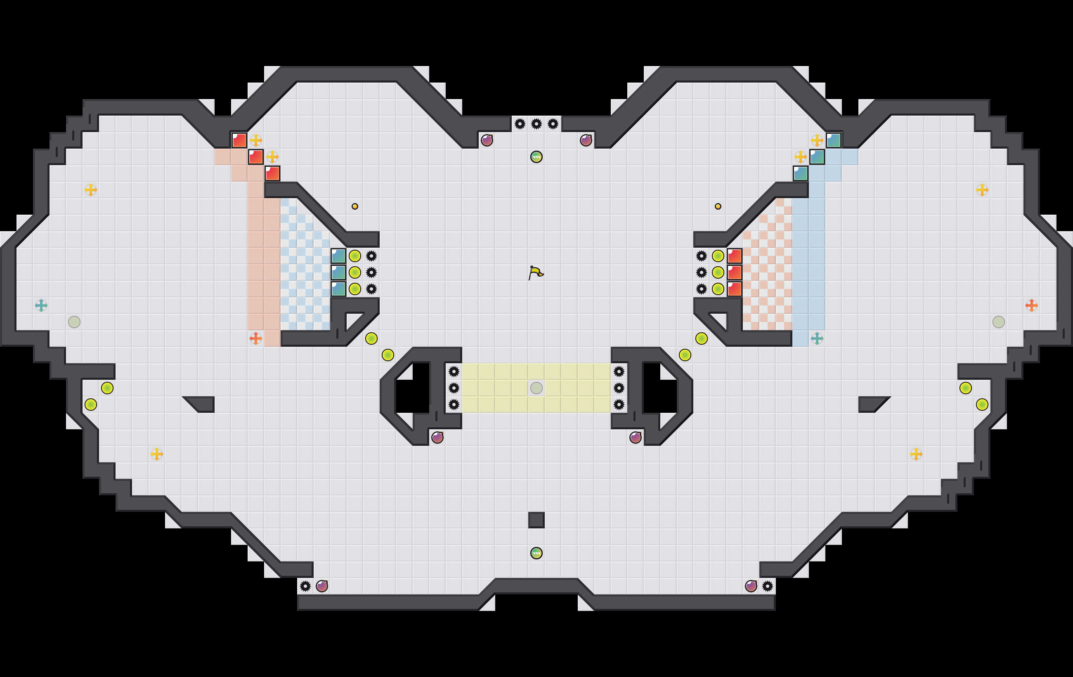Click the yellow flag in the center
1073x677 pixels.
[535, 272]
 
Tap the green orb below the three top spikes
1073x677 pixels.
[536, 157]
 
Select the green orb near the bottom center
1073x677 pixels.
[536, 553]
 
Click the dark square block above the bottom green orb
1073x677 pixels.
[536, 520]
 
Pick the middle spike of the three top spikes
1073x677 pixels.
[536, 124]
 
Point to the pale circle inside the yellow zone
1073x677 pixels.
[536, 388]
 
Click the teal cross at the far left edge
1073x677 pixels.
[41, 305]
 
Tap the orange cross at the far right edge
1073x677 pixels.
[1032, 305]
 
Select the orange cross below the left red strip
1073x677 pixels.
[256, 338]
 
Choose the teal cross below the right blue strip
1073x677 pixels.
[817, 338]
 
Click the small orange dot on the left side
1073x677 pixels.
[355, 206]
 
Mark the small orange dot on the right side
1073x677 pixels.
[718, 206]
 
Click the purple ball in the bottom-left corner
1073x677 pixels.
[322, 586]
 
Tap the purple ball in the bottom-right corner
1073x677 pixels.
[751, 586]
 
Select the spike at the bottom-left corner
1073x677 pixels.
[305, 586]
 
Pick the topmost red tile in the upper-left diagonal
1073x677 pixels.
[239, 140]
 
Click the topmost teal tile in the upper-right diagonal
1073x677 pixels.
[833, 140]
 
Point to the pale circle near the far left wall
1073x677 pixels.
[74, 322]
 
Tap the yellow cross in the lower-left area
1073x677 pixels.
[157, 454]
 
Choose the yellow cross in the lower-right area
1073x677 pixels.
[916, 454]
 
